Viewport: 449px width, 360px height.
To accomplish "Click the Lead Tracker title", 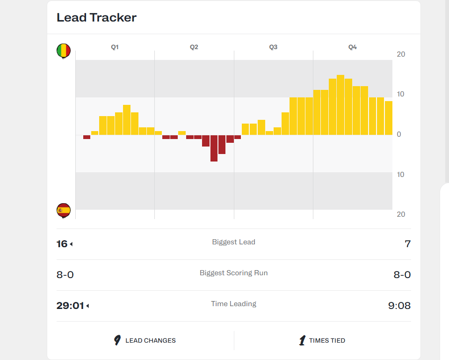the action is [x=96, y=17].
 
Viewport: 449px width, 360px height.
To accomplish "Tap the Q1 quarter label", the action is [x=115, y=47].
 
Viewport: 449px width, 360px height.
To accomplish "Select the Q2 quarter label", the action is [x=194, y=47].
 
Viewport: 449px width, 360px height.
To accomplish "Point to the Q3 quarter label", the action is [x=273, y=47].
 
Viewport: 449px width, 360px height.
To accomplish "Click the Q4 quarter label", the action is [x=353, y=47].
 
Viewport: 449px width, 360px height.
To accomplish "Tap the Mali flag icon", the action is [x=64, y=51].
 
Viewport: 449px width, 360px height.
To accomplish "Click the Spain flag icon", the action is [x=64, y=211].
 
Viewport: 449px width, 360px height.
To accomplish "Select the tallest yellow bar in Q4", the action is [x=340, y=105].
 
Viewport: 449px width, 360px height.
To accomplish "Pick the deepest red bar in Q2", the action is [x=214, y=148].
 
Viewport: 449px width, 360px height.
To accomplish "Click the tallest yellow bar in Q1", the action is [x=127, y=120].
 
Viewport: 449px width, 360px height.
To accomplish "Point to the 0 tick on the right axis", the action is [x=399, y=134].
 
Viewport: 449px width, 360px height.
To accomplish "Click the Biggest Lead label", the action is [x=234, y=242].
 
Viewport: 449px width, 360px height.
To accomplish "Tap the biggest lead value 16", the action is [x=62, y=244].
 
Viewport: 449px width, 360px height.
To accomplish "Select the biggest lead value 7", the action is [x=408, y=244].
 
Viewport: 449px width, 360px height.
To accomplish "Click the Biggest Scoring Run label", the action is [x=234, y=273].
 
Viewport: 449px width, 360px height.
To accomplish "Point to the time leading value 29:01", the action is [x=70, y=306].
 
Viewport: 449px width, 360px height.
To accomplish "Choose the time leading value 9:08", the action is [x=399, y=306].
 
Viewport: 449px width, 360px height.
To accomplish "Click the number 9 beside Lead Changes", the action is [x=117, y=340].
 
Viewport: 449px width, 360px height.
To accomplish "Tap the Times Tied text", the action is [x=327, y=340].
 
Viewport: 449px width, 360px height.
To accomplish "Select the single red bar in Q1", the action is [x=87, y=137].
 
